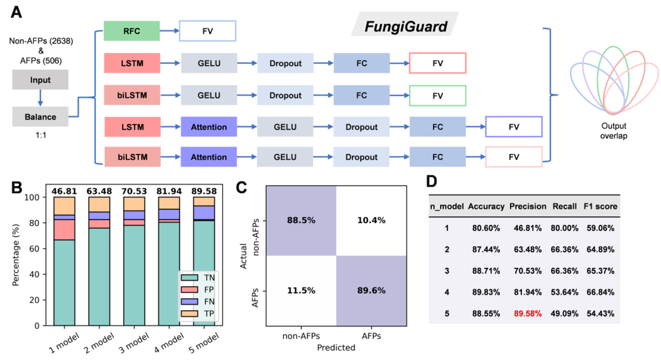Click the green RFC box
(132, 31)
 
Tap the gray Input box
(40, 80)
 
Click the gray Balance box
(40, 115)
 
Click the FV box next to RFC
(207, 31)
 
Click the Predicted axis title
(336, 348)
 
